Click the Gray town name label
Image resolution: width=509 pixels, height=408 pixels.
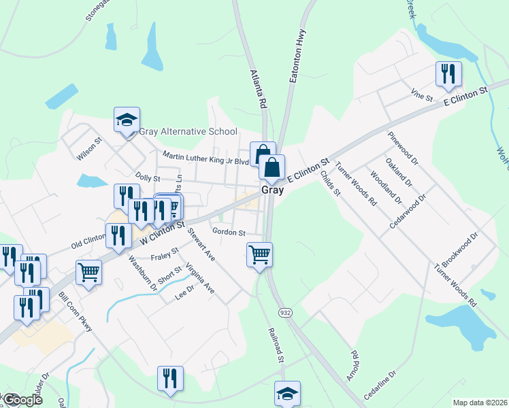click(272, 190)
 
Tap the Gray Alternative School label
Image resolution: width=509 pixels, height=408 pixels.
click(188, 132)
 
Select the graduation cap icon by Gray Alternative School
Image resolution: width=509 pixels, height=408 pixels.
click(127, 120)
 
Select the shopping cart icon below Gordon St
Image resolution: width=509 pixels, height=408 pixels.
click(259, 255)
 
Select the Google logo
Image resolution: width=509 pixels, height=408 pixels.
click(22, 400)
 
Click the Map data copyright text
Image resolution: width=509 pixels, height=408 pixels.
click(480, 403)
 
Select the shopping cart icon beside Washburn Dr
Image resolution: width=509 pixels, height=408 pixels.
click(89, 273)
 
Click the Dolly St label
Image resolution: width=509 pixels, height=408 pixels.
click(147, 177)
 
